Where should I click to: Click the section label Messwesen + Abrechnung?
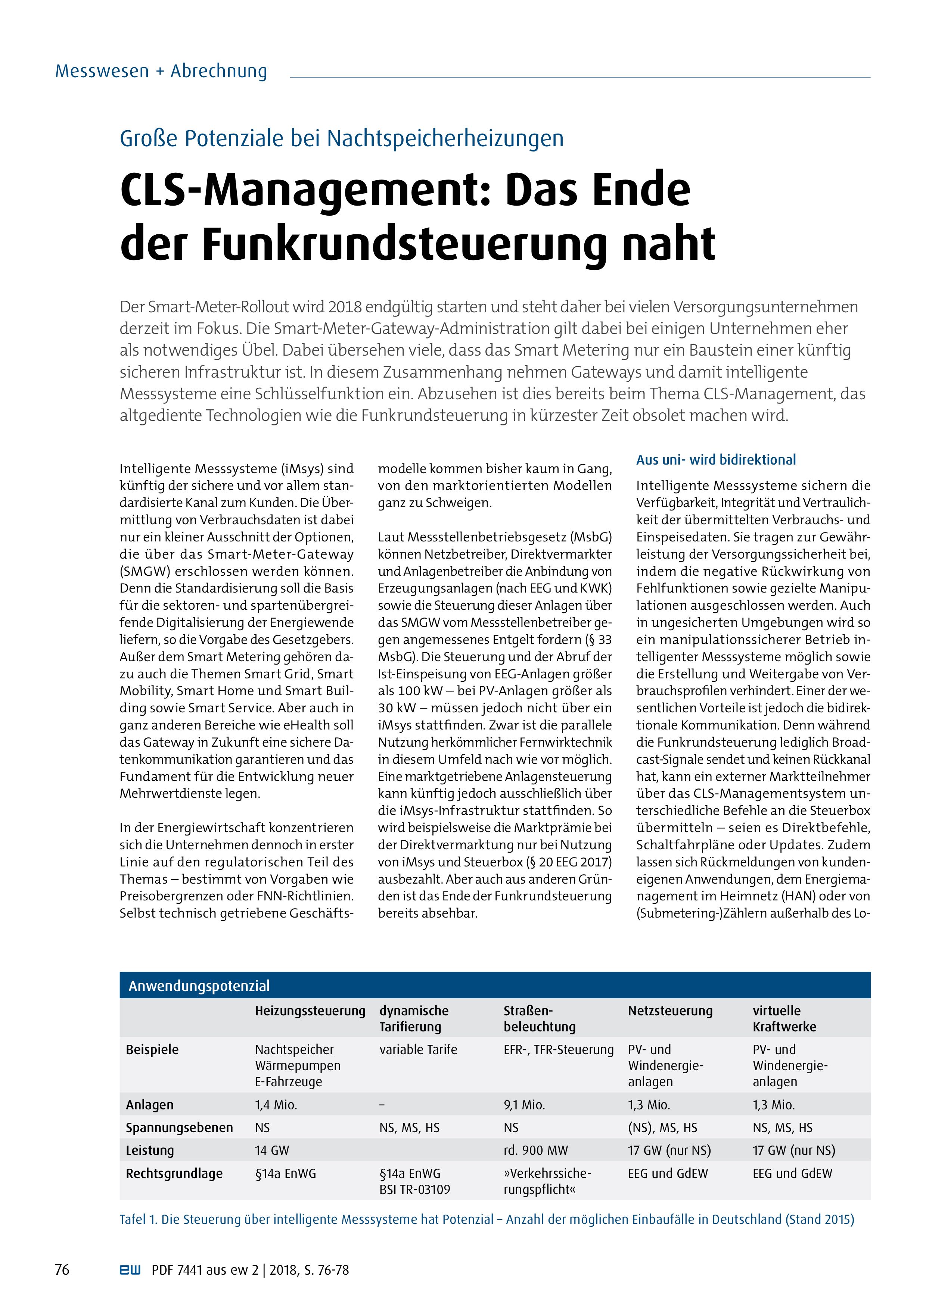(x=161, y=72)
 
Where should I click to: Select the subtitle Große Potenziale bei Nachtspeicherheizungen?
(x=341, y=138)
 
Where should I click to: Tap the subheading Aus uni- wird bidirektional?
(x=715, y=460)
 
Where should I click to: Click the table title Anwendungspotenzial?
(x=199, y=986)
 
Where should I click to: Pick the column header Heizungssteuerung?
(x=310, y=1011)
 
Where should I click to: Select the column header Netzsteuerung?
(x=670, y=1011)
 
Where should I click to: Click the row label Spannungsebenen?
(x=179, y=1128)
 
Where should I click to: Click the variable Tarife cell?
(x=418, y=1050)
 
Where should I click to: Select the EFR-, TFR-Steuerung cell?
(x=558, y=1050)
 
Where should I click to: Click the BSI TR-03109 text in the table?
(x=414, y=1189)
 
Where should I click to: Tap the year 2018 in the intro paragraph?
(x=345, y=307)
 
